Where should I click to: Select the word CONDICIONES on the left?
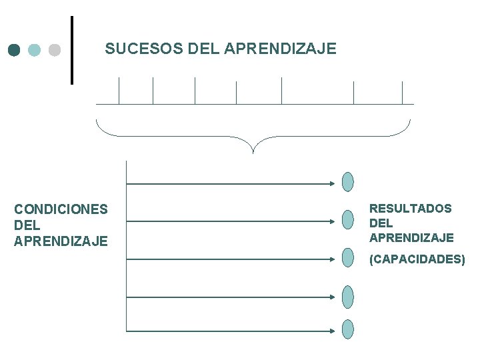[x=61, y=209]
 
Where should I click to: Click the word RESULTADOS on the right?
[x=410, y=209]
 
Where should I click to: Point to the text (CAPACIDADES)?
[x=417, y=259]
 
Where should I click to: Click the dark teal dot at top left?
[x=15, y=50]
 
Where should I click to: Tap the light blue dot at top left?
[x=35, y=50]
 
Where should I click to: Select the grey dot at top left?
[x=55, y=50]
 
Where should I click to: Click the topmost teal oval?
[x=348, y=181]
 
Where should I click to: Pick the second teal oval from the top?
[x=348, y=219]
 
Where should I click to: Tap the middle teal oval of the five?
[x=348, y=257]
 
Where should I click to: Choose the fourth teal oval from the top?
[x=348, y=296]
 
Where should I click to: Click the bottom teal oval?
[x=348, y=329]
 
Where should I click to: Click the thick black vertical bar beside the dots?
[x=72, y=50]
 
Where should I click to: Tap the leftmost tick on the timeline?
[x=119, y=91]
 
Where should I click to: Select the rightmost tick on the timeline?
[x=403, y=92]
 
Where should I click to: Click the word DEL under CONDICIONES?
[x=27, y=225]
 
